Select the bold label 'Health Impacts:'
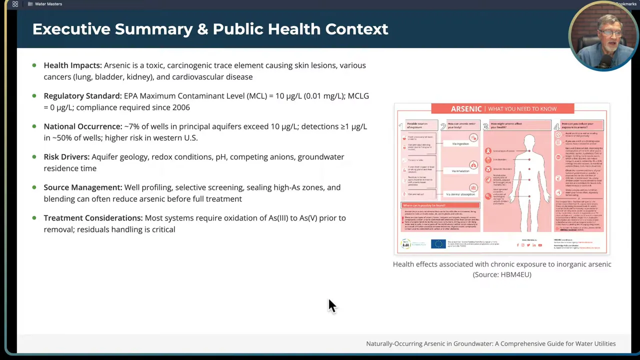click(x=72, y=65)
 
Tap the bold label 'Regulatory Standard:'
click(x=82, y=96)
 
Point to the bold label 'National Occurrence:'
click(x=82, y=126)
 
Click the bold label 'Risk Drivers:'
click(x=66, y=157)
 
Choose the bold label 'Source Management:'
click(x=82, y=187)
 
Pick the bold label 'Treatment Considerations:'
click(x=93, y=218)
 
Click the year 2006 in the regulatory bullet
click(x=181, y=107)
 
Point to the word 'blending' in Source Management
click(x=58, y=199)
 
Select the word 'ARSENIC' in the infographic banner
click(x=466, y=108)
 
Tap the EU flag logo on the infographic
click(x=438, y=244)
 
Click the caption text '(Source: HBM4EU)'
click(x=502, y=274)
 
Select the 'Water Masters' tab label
click(x=48, y=4)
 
